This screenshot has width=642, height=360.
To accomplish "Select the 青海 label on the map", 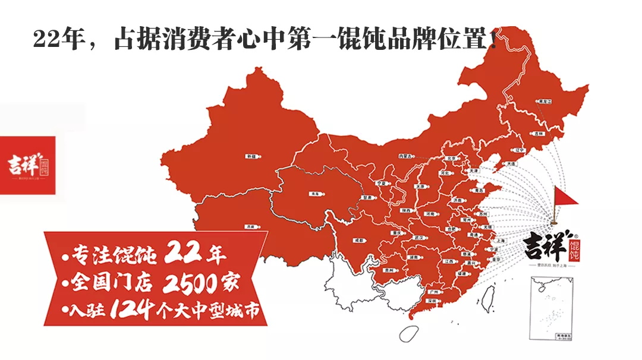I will click(314, 194).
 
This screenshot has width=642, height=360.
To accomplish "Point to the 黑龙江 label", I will click(542, 102).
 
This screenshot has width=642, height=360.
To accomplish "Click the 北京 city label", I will click(453, 159).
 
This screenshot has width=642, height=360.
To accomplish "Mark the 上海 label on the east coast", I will click(499, 240).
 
